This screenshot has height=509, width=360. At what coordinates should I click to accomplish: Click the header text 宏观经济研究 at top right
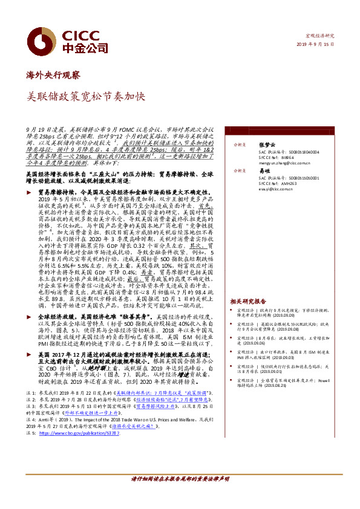(322, 36)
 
